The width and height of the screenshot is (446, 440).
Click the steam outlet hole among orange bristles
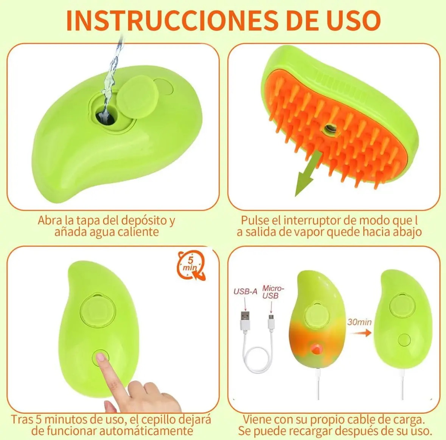click(x=329, y=130)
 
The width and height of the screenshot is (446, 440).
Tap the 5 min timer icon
click(x=191, y=265)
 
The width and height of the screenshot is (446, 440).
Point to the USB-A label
click(x=245, y=291)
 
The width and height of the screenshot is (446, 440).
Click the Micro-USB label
click(x=272, y=292)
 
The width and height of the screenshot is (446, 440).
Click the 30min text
click(x=359, y=322)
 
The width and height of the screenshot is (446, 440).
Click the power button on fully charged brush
click(x=404, y=340)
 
